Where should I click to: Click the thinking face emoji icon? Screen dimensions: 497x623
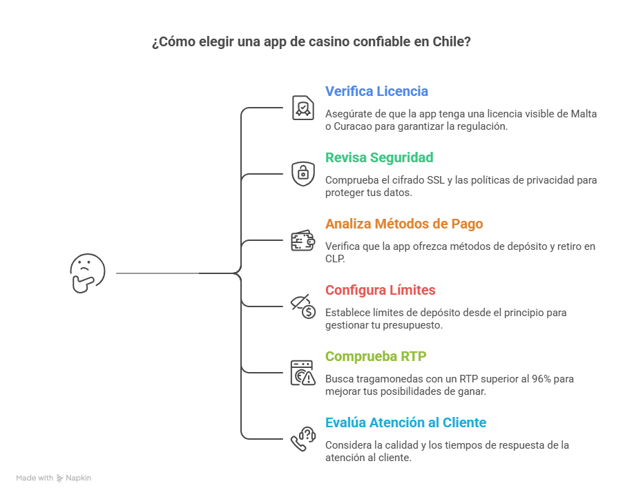point(88,273)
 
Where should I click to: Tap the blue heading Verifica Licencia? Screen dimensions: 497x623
point(376,91)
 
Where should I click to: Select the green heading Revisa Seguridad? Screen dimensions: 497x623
point(379,157)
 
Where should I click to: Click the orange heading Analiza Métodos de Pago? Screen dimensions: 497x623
point(404,224)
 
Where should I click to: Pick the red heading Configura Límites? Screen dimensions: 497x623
point(380,290)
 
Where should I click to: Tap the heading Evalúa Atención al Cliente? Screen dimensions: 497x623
point(405,422)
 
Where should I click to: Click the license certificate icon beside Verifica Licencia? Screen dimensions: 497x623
point(303,108)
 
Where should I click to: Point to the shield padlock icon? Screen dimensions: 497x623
point(303,173)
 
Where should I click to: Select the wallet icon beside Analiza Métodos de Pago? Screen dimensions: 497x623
point(303,241)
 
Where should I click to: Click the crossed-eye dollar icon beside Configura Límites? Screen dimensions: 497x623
point(303,306)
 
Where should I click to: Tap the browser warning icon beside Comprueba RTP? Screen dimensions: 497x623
point(303,373)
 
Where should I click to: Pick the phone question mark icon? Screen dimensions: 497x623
point(303,439)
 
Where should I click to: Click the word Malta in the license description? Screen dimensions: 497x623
point(582,114)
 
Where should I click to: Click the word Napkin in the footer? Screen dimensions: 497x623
point(78,478)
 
